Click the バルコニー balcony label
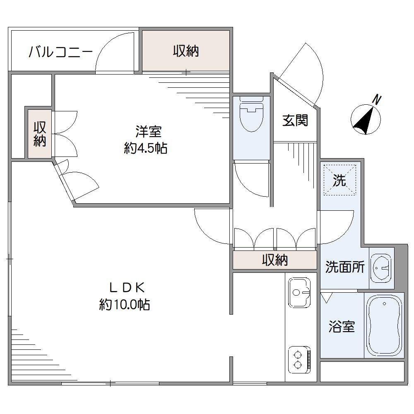pos(60,53)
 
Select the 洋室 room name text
pos(148,132)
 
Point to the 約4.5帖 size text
pos(146,148)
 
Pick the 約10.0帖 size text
pos(124,305)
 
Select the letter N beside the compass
pos(376,99)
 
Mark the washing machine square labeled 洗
pos(339,180)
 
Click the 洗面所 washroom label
pos(344,267)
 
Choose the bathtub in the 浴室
pos(384,325)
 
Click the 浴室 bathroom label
pos(342,327)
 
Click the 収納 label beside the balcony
pos(186,51)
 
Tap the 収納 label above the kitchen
pos(274,260)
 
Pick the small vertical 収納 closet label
pos(40,133)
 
